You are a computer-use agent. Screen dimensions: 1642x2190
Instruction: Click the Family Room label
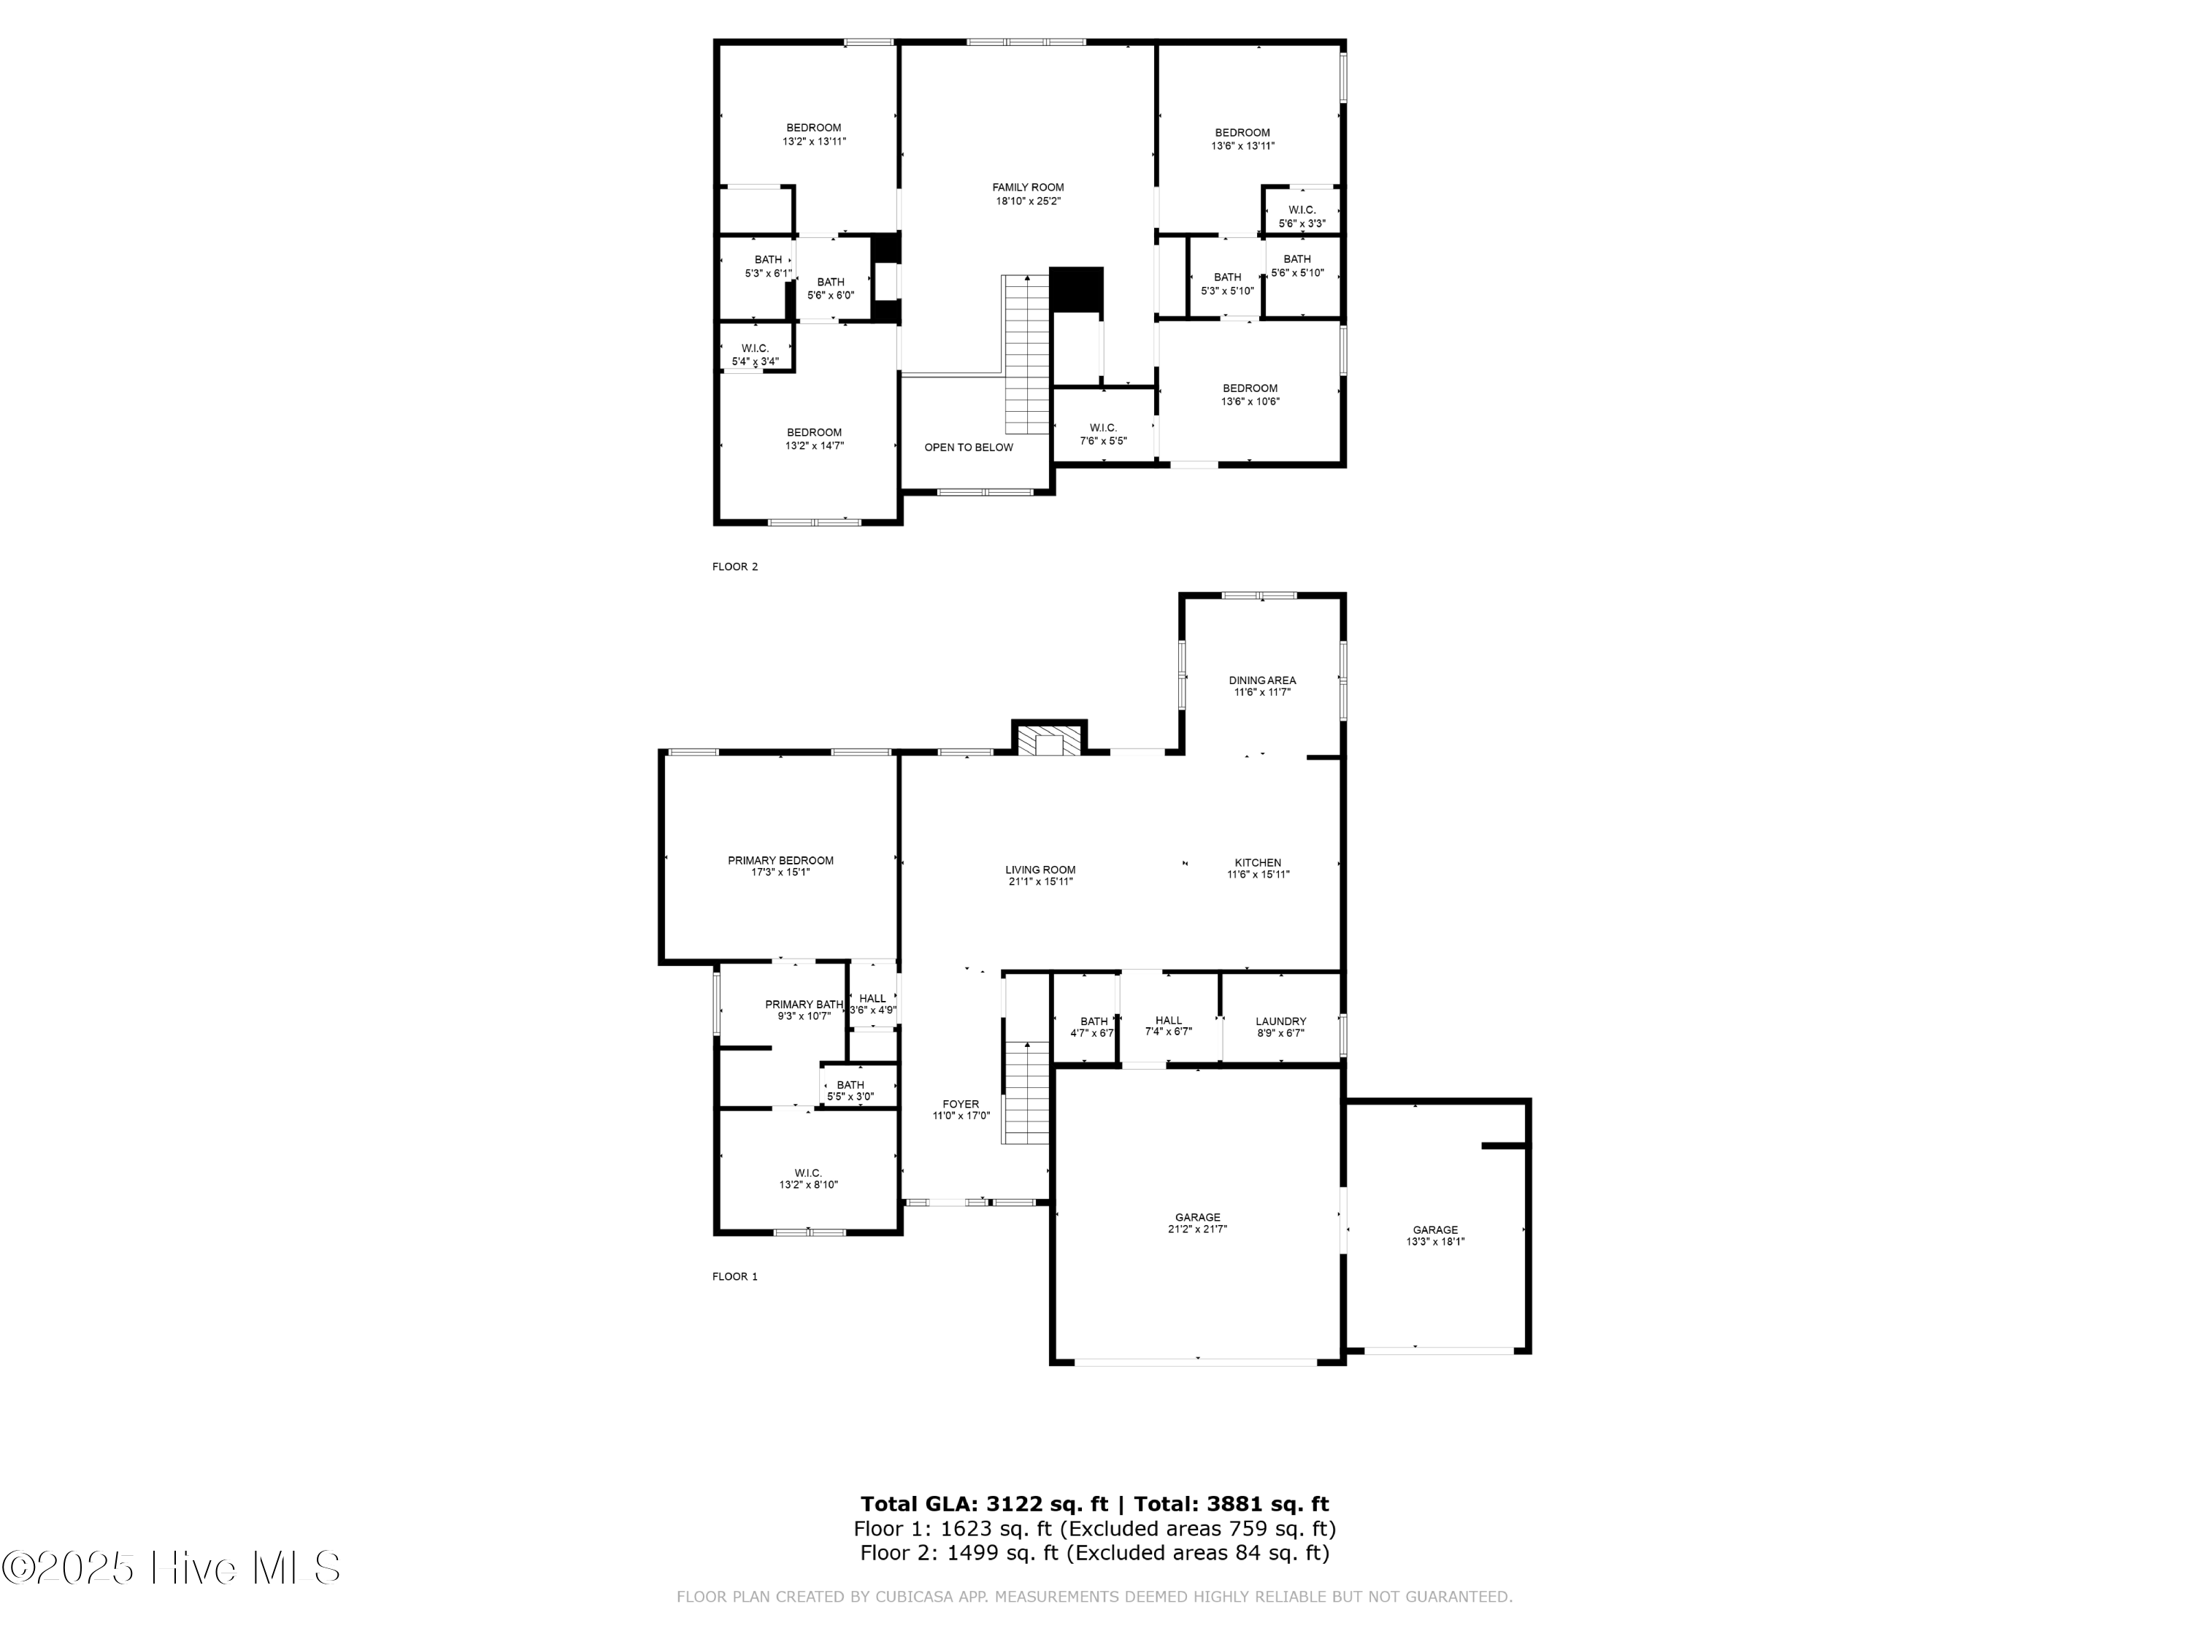pyautogui.click(x=1028, y=194)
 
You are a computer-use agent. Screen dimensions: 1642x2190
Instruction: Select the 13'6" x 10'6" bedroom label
pyautogui.click(x=1250, y=395)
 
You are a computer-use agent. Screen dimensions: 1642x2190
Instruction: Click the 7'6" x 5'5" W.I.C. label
pyautogui.click(x=1103, y=434)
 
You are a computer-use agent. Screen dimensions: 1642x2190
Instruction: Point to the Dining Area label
pyautogui.click(x=1261, y=686)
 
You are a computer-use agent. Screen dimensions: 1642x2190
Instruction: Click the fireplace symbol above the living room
pyautogui.click(x=1048, y=742)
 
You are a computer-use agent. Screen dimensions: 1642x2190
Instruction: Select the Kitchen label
pyautogui.click(x=1257, y=869)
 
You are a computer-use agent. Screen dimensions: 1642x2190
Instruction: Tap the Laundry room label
pyautogui.click(x=1280, y=1027)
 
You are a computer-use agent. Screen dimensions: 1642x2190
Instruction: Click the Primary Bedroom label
pyautogui.click(x=780, y=867)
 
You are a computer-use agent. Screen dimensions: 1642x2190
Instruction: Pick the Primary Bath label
pyautogui.click(x=804, y=1009)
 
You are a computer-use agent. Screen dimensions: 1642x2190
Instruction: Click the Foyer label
pyautogui.click(x=961, y=1109)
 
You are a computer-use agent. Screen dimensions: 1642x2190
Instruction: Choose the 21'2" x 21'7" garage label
pyautogui.click(x=1197, y=1223)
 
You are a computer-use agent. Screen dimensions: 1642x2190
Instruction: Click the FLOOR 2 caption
pyautogui.click(x=734, y=567)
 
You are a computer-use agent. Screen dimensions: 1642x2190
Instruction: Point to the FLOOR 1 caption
pyautogui.click(x=734, y=1276)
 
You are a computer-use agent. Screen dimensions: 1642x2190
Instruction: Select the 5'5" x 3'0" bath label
pyautogui.click(x=850, y=1090)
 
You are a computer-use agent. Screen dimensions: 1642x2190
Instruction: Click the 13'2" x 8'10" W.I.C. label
pyautogui.click(x=808, y=1178)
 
